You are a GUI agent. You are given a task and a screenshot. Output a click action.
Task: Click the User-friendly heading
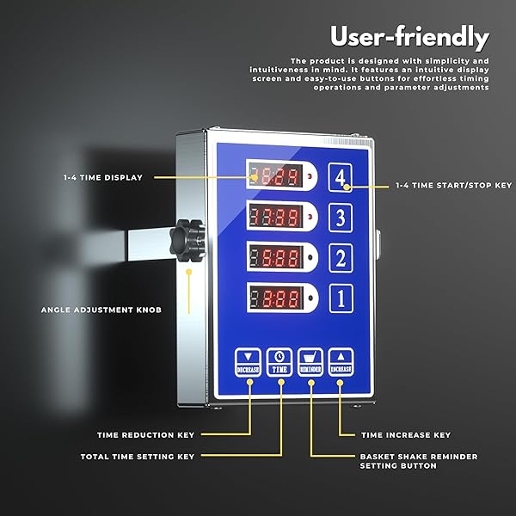tap(409, 38)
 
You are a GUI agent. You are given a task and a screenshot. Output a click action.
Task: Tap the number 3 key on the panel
tap(341, 218)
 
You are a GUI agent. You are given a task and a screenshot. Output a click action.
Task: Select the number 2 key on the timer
tap(341, 258)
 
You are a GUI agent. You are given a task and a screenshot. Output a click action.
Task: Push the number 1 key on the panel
tap(341, 298)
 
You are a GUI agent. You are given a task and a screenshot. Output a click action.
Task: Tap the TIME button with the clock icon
tap(279, 361)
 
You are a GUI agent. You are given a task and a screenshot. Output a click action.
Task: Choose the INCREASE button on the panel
tap(341, 361)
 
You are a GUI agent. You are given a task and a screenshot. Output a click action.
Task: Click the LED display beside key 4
tap(275, 177)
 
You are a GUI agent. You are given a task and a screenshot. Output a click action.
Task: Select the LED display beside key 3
tap(275, 218)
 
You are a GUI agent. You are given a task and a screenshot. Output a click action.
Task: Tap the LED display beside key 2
tap(275, 258)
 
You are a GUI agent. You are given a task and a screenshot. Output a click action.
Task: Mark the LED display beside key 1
tap(275, 298)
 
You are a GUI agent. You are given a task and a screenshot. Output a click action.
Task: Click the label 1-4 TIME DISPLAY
tap(102, 177)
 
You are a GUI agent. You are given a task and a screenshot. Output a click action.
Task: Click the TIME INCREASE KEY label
tap(405, 435)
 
